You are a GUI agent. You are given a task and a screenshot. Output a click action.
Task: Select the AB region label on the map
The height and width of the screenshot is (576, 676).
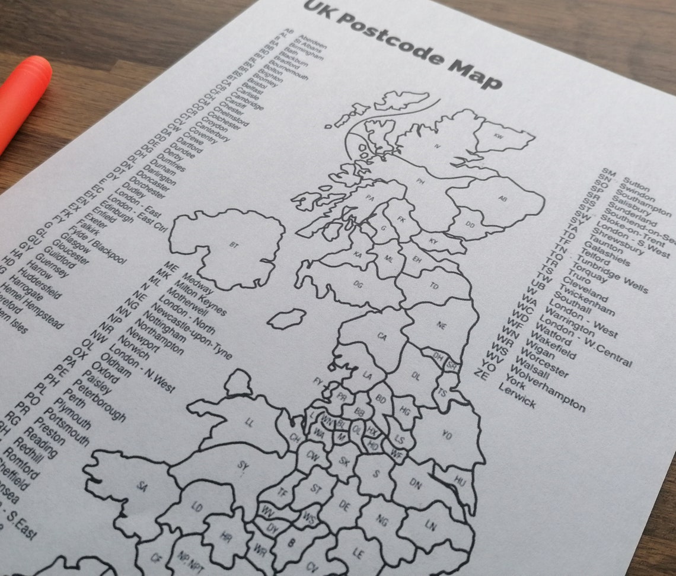(x=503, y=199)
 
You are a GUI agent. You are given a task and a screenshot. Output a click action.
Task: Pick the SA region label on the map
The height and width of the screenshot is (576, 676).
(x=142, y=486)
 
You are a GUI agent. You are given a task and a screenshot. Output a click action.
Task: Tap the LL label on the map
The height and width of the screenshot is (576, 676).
(x=250, y=422)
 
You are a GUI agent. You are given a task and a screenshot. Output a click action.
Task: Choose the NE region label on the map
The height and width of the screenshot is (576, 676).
(x=441, y=325)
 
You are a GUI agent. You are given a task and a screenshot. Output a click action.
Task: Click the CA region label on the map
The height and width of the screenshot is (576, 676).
(x=382, y=337)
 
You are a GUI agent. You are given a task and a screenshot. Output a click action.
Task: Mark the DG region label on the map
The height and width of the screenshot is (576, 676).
(x=358, y=284)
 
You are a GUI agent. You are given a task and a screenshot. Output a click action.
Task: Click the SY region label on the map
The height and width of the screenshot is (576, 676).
(x=243, y=466)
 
